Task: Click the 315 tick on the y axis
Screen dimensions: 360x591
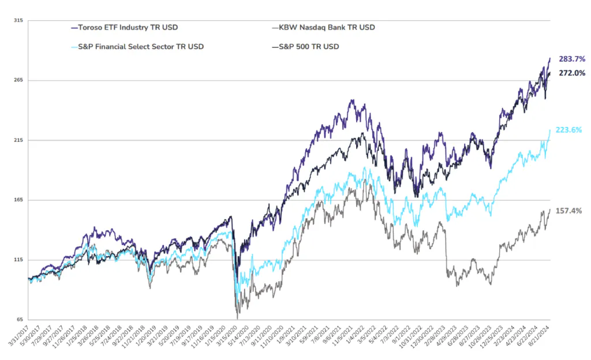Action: point(18,20)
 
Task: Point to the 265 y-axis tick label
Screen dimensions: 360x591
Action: point(18,80)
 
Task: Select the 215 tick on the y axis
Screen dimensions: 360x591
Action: point(18,140)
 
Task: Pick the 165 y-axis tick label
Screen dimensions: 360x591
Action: point(18,200)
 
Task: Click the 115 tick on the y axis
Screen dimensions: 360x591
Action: point(18,260)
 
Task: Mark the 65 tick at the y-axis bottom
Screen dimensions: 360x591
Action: point(20,320)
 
